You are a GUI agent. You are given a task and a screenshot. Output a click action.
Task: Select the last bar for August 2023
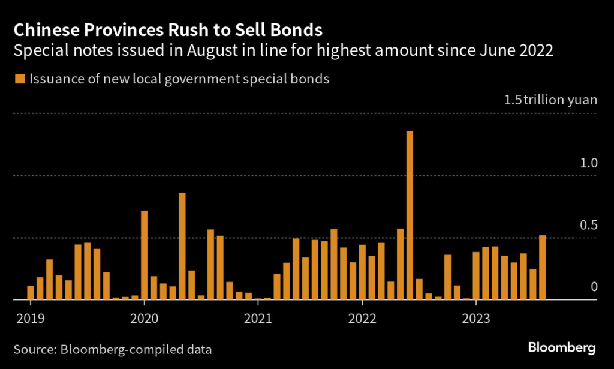point(543,267)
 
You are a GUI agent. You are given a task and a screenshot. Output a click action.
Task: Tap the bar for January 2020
point(144,254)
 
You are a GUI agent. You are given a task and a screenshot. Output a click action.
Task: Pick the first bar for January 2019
point(31,292)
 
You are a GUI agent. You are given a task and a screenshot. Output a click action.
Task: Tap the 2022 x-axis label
point(362,317)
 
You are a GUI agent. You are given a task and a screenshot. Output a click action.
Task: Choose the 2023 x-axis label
point(475,317)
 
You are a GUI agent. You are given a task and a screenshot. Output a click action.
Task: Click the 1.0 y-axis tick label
point(589,163)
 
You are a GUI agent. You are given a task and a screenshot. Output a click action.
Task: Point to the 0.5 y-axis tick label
point(589,226)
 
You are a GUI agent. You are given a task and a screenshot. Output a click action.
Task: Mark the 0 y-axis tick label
point(594,287)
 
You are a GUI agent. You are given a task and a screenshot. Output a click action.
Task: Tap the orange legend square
point(19,79)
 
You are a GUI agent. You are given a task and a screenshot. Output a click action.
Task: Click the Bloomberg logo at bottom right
point(562,347)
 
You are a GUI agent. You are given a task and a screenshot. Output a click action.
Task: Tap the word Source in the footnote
point(34,349)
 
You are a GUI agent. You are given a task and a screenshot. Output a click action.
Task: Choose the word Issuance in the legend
point(55,79)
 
